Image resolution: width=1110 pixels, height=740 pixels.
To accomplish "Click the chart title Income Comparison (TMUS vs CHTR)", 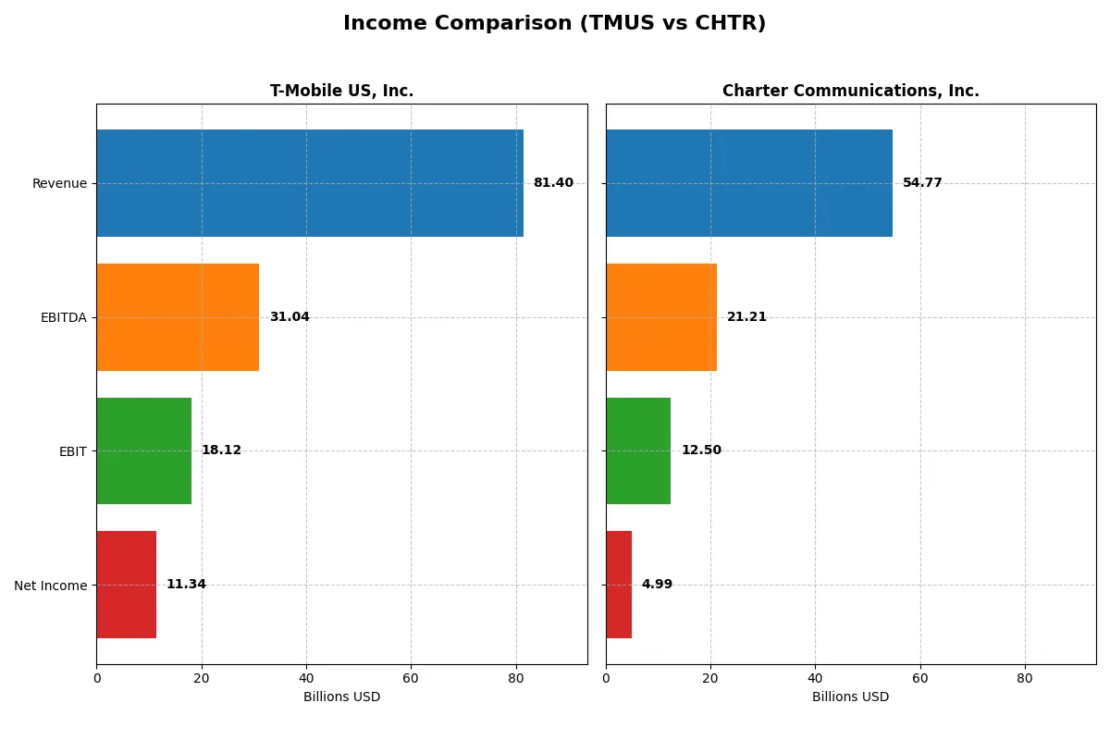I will [x=554, y=23].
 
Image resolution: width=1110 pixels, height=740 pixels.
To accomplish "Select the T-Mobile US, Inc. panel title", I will [x=341, y=91].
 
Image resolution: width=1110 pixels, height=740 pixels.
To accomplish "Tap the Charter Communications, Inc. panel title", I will [x=850, y=91].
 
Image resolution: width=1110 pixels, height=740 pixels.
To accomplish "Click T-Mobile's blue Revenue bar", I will [x=310, y=183].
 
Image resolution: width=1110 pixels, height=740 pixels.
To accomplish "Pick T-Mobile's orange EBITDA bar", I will [x=178, y=317].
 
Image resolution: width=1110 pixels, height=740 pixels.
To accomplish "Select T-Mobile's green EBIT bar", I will [x=143, y=450].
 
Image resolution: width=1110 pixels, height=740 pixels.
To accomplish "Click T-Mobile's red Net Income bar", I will [x=126, y=585].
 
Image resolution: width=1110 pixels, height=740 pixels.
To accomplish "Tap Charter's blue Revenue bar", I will [x=749, y=183].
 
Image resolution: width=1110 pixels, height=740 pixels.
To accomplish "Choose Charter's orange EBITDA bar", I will [x=661, y=317].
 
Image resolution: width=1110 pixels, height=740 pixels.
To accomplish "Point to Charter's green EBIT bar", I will [x=638, y=450].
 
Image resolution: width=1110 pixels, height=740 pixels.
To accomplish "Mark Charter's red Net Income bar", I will [x=619, y=585].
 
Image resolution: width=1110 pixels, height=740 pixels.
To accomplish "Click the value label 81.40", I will [x=553, y=183].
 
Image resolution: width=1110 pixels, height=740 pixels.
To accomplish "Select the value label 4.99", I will [x=657, y=585].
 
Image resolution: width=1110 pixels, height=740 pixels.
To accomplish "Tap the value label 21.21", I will [x=746, y=317].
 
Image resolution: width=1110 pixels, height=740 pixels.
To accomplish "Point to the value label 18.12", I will [x=221, y=450].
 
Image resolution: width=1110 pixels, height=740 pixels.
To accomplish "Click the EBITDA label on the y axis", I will [x=64, y=317].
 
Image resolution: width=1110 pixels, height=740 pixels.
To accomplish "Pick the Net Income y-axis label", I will [x=51, y=585].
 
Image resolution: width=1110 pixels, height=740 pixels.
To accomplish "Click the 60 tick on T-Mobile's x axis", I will [x=411, y=678].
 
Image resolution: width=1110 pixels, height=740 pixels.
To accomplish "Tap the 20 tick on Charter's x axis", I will [x=710, y=678].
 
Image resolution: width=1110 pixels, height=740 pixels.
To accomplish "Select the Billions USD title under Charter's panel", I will [x=850, y=697].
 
